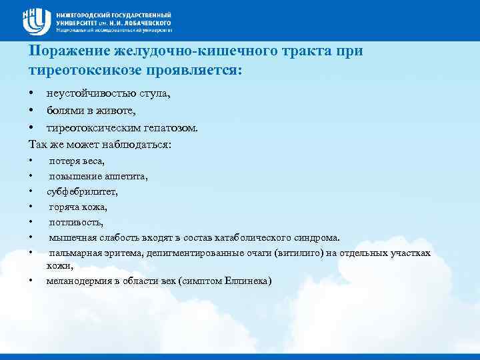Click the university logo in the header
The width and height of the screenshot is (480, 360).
point(37,20)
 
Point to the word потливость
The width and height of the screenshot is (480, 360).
point(76,222)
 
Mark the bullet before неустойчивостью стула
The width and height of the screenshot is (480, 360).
point(31,94)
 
